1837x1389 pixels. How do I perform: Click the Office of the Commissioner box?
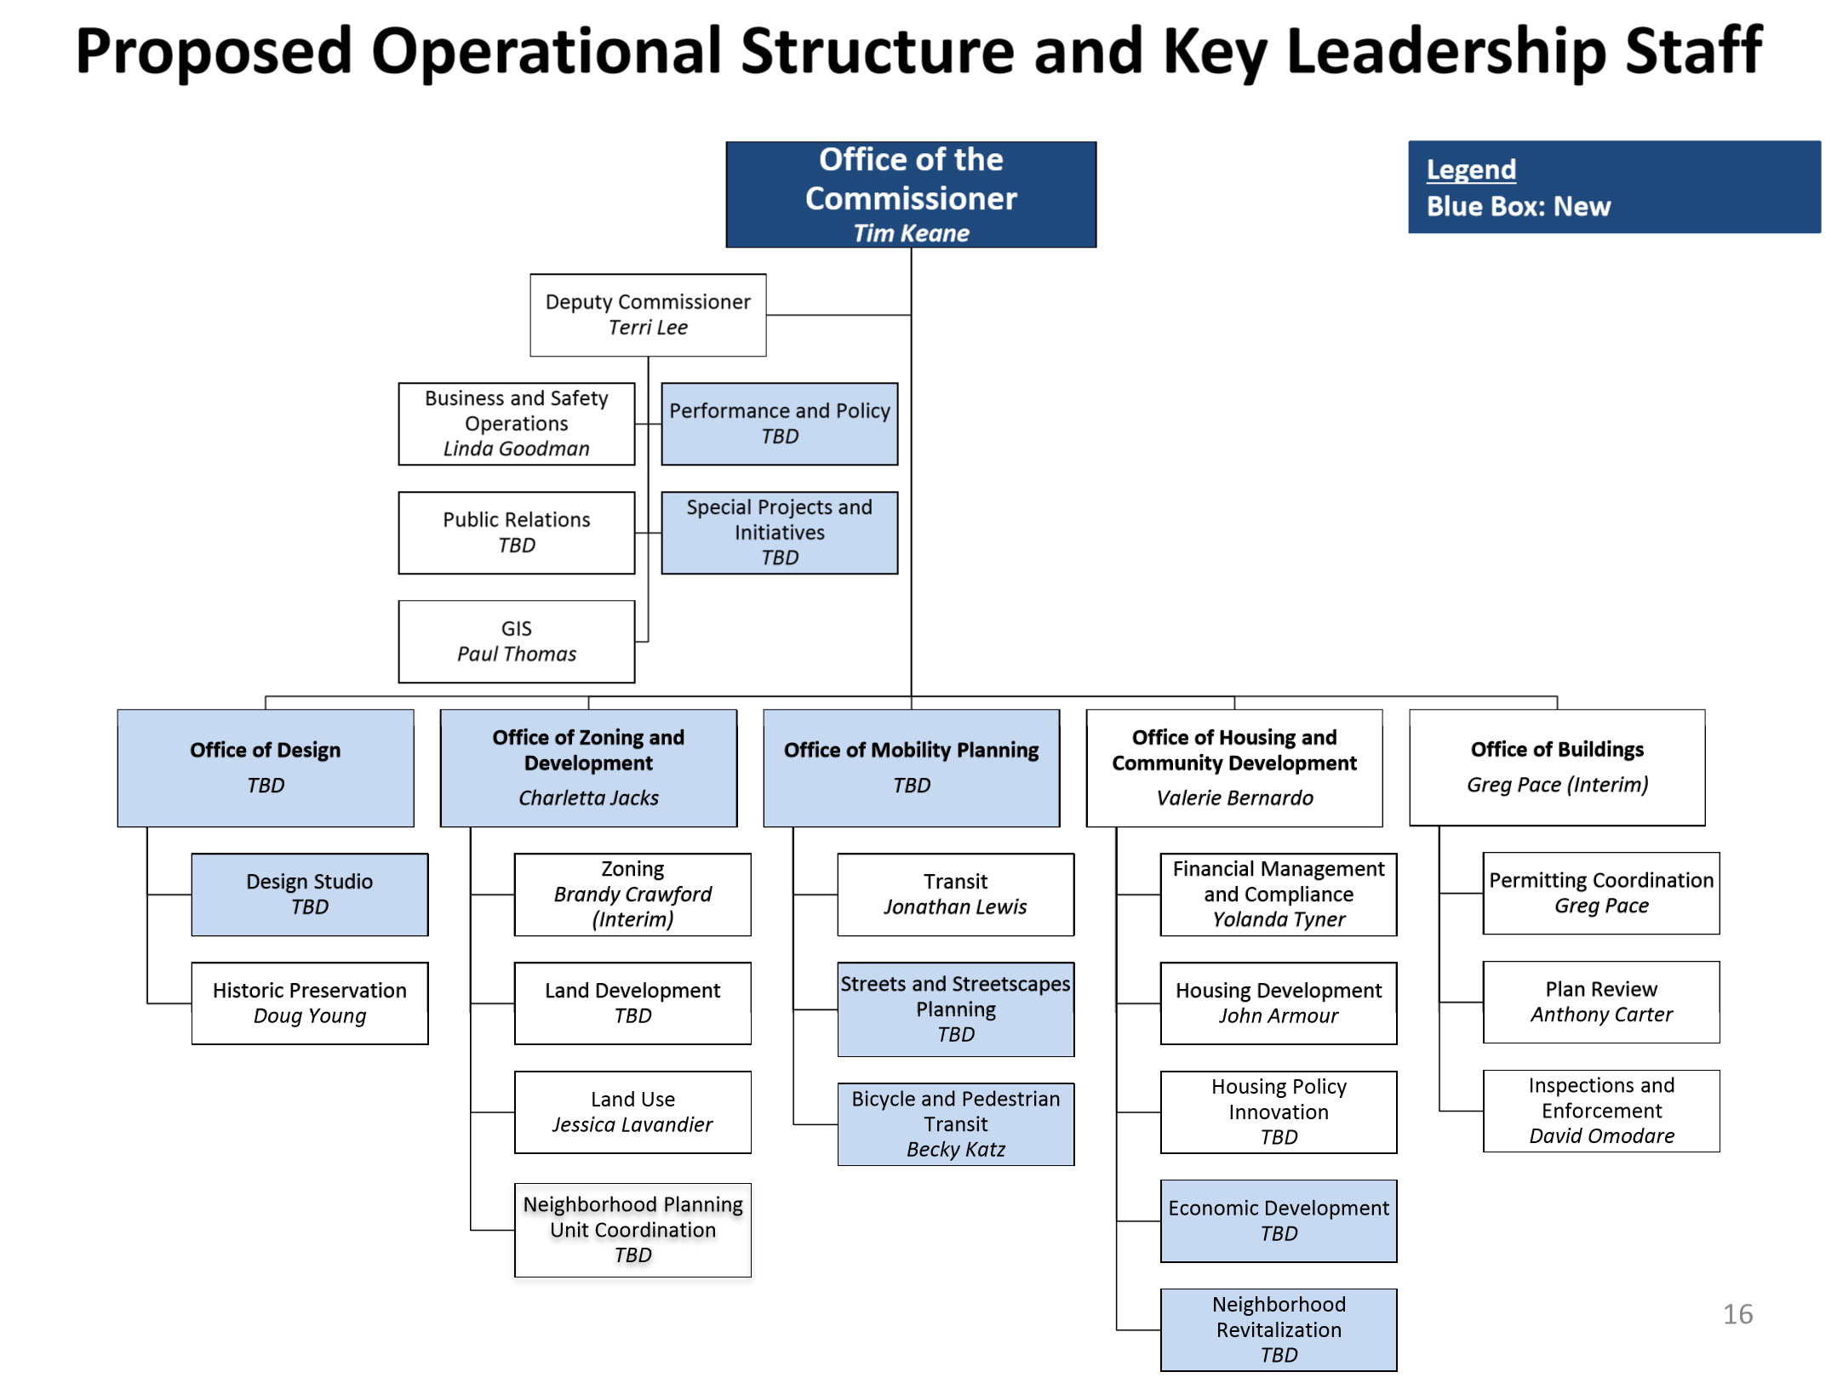click(x=910, y=194)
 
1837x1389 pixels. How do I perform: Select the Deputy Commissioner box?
click(x=647, y=314)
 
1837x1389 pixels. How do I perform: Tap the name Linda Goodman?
click(x=516, y=449)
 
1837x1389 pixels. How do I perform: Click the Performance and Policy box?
click(x=779, y=423)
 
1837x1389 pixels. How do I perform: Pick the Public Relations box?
click(x=516, y=532)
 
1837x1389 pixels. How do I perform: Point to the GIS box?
click(x=516, y=641)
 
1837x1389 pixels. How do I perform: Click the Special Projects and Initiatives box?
click(x=779, y=532)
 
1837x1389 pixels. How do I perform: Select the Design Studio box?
click(x=309, y=894)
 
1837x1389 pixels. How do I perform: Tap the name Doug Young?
click(x=309, y=1015)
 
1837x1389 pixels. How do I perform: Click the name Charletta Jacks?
click(x=588, y=797)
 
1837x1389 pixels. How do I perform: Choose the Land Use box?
click(x=632, y=1112)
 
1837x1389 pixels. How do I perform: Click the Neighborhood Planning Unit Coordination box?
click(x=632, y=1229)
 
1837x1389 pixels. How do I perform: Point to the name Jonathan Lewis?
click(x=955, y=906)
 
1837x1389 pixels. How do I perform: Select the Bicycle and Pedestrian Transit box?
click(x=955, y=1123)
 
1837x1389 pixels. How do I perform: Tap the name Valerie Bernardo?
click(x=1234, y=797)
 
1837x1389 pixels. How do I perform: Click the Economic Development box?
click(x=1278, y=1220)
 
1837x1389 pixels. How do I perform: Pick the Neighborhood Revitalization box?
click(x=1278, y=1329)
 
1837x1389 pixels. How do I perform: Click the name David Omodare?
click(x=1601, y=1135)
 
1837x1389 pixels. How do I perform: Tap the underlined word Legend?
click(x=1471, y=169)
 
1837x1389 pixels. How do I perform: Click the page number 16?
click(x=1737, y=1313)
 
